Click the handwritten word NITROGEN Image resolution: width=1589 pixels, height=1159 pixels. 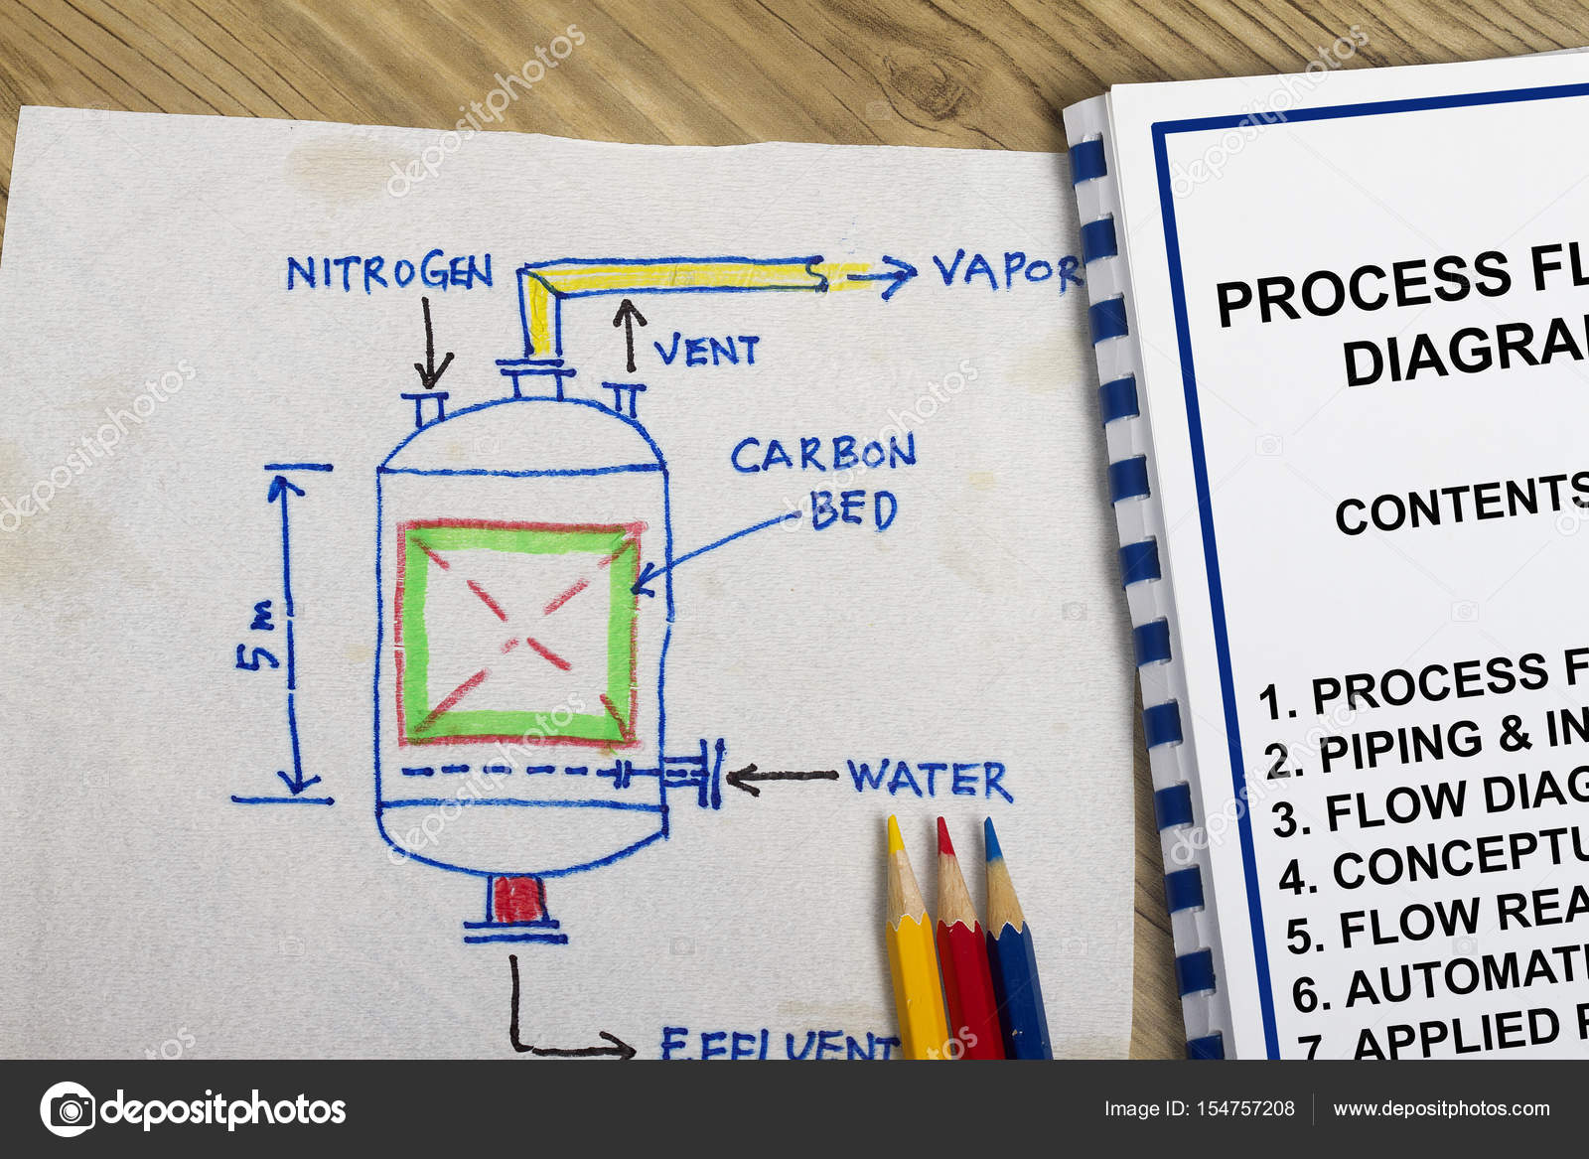[389, 272]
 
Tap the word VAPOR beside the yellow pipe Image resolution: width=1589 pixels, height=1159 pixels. [1005, 269]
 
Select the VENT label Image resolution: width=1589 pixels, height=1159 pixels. [706, 351]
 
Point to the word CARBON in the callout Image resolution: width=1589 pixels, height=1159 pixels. [823, 455]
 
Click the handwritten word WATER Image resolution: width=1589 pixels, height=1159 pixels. [930, 780]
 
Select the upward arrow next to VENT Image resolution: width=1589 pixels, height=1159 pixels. [628, 335]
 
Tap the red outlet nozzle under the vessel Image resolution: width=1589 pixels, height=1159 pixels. [517, 900]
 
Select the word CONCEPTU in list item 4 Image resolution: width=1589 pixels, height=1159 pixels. [1460, 859]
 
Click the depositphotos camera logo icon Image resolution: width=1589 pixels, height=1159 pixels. [68, 1109]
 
